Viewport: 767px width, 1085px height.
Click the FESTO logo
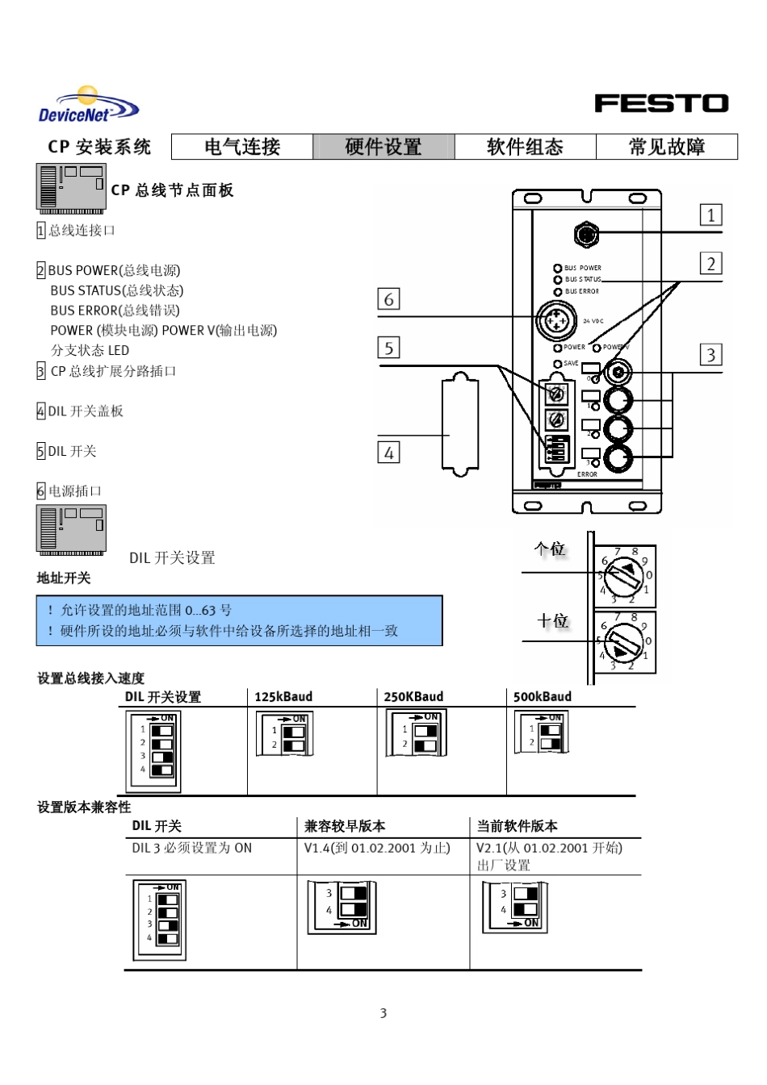[x=661, y=103]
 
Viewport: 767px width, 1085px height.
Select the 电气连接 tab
[x=242, y=147]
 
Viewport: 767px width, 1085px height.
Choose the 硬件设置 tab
[x=383, y=147]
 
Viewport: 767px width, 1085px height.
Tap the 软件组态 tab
[x=525, y=147]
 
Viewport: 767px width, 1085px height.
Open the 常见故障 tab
[x=667, y=147]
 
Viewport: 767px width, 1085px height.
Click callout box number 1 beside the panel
[x=710, y=215]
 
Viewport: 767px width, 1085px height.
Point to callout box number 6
[x=388, y=299]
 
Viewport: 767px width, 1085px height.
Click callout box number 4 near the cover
[x=388, y=453]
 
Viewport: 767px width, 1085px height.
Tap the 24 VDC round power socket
[x=556, y=319]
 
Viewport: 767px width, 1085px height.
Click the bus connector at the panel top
[x=587, y=235]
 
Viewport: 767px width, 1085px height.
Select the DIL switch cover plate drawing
[x=460, y=424]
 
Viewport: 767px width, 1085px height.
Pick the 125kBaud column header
[x=283, y=697]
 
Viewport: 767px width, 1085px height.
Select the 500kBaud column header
[x=543, y=697]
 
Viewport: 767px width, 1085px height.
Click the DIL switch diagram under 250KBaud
[x=416, y=733]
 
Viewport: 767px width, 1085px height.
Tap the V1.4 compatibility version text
[x=377, y=848]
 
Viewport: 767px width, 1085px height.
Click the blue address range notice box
[x=239, y=620]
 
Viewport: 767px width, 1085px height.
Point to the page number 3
[x=383, y=1013]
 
